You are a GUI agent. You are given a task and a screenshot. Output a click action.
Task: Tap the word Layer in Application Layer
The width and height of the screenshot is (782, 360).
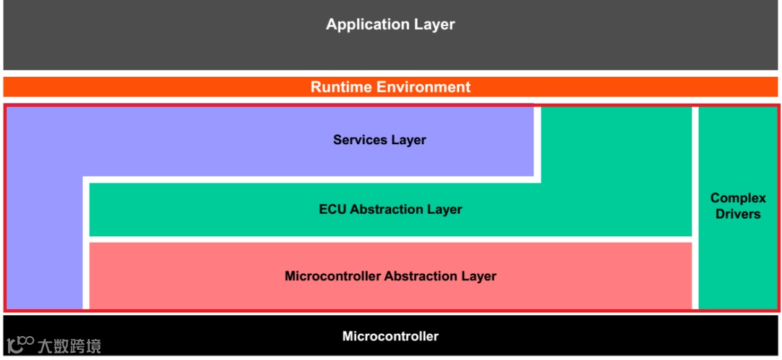click(434, 24)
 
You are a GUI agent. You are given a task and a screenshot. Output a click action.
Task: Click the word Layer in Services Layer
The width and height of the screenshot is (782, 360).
click(409, 140)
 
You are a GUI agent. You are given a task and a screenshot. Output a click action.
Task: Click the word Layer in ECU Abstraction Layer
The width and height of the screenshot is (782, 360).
click(445, 209)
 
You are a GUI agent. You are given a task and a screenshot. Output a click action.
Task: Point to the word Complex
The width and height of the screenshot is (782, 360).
click(738, 198)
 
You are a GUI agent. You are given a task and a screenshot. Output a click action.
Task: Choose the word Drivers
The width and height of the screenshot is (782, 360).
click(738, 214)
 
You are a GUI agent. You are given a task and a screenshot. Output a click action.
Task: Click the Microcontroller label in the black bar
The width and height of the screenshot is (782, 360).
click(390, 336)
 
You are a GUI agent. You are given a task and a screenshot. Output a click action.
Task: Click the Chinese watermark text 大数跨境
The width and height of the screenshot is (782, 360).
click(70, 346)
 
